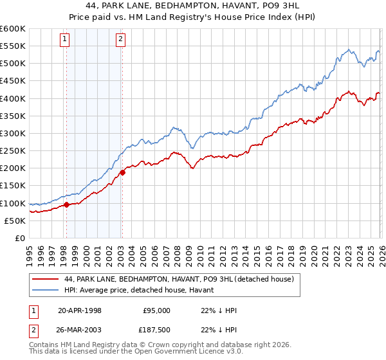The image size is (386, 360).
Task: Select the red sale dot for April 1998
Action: pos(66,205)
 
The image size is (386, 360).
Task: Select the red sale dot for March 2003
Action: pos(122,172)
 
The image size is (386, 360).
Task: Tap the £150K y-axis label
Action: pos(13,186)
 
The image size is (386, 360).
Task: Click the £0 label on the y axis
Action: pos(19,239)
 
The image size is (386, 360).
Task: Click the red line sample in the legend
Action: pos(45,279)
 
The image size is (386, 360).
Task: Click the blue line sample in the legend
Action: pos(45,290)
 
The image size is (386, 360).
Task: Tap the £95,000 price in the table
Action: pos(156,310)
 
